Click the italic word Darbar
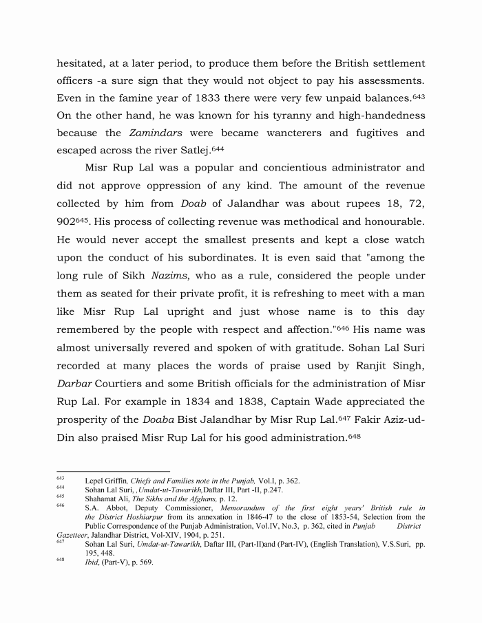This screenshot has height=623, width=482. click(77, 383)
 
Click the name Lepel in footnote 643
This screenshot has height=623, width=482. click(96, 481)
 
